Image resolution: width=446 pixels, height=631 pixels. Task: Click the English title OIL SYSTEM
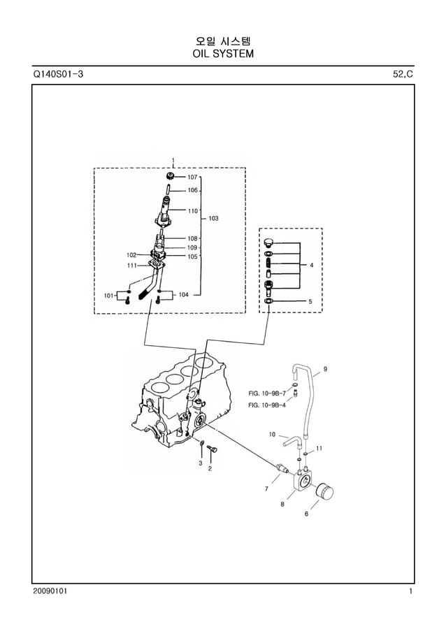tap(222, 53)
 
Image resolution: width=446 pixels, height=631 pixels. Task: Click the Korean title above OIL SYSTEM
tap(222, 39)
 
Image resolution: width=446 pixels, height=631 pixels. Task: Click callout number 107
tap(192, 177)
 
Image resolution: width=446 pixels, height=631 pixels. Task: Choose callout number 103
tap(213, 218)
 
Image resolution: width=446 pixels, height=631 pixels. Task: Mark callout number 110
tap(192, 210)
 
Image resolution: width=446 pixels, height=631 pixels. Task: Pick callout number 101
tap(108, 296)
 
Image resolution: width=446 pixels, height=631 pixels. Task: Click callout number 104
tap(183, 295)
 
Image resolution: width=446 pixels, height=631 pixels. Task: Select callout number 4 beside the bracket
tap(311, 266)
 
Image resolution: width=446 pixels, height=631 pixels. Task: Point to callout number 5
tap(311, 301)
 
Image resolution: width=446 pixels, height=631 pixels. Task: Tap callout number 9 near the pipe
tap(325, 368)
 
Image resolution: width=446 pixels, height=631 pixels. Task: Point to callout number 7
tap(266, 488)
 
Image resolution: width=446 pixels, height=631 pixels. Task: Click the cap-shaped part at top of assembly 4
tap(269, 242)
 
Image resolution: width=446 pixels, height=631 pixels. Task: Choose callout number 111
tap(131, 266)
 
